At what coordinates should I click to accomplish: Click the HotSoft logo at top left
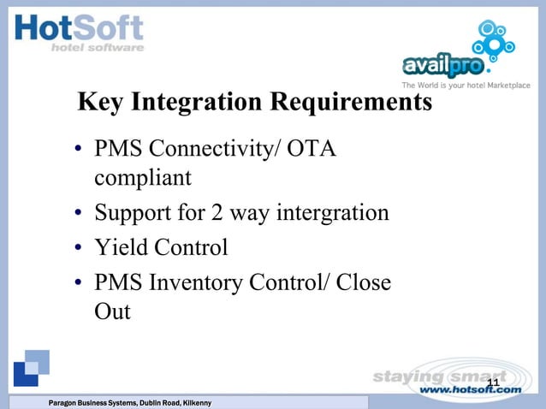pos(79,33)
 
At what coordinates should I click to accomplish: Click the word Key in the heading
pos(102,103)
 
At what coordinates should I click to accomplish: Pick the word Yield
pos(122,248)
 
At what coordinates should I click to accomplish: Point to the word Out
pos(112,311)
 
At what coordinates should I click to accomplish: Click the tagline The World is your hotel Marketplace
pos(466,86)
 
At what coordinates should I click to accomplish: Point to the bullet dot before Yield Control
pos(78,249)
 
